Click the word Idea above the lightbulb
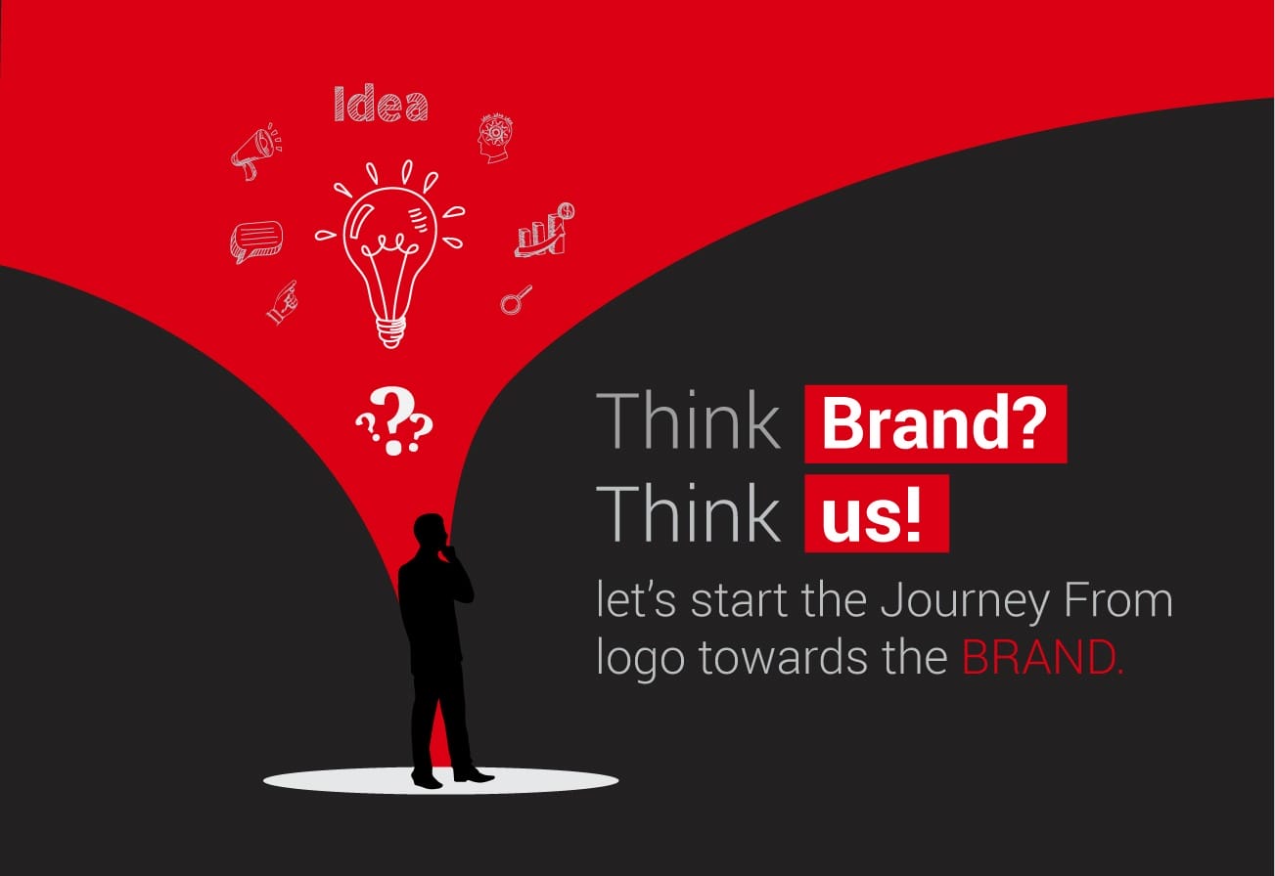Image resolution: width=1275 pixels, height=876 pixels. [381, 104]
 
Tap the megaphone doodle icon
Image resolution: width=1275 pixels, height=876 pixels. [253, 152]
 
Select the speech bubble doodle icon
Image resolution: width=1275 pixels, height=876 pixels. [256, 240]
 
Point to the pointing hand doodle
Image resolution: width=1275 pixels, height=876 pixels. [282, 302]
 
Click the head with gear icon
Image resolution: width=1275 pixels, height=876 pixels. [493, 138]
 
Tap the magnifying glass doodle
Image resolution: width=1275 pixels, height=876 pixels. [515, 300]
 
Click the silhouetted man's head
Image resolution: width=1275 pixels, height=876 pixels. [429, 532]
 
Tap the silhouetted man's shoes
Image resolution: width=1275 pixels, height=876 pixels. [450, 777]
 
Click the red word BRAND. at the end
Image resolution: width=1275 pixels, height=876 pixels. [1043, 658]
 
